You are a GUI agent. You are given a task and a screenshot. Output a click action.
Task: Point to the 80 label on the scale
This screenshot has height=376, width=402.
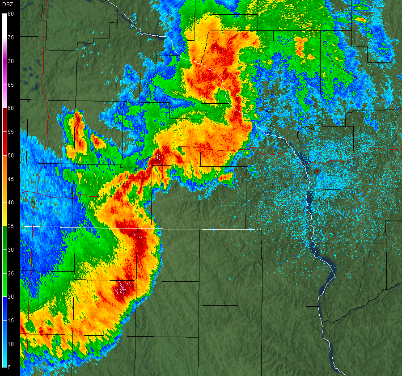pyautogui.click(x=11, y=14)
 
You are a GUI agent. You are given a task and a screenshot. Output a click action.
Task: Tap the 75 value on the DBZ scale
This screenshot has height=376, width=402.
pyautogui.click(x=11, y=38)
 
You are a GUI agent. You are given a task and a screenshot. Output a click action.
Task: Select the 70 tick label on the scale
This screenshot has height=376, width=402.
pyautogui.click(x=11, y=61)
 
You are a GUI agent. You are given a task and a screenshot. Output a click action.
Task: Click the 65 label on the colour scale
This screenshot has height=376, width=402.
pyautogui.click(x=11, y=85)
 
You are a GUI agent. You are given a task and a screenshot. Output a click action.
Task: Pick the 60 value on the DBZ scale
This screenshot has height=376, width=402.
pyautogui.click(x=11, y=108)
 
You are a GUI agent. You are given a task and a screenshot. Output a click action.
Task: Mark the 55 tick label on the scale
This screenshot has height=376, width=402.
pyautogui.click(x=11, y=132)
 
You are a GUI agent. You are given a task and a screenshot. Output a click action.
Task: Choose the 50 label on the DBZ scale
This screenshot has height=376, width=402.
pyautogui.click(x=11, y=156)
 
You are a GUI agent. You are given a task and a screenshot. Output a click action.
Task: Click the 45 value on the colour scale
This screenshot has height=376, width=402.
pyautogui.click(x=11, y=179)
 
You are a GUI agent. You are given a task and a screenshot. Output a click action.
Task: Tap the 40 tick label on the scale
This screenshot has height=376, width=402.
pyautogui.click(x=11, y=203)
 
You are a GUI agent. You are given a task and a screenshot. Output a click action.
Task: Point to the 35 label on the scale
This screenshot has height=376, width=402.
pyautogui.click(x=11, y=226)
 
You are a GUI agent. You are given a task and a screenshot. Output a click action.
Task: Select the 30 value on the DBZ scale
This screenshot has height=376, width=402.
pyautogui.click(x=11, y=250)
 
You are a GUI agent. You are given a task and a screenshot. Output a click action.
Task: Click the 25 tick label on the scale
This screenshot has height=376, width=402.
pyautogui.click(x=11, y=273)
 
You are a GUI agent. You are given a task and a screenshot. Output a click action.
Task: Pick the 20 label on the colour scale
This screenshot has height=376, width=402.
pyautogui.click(x=11, y=297)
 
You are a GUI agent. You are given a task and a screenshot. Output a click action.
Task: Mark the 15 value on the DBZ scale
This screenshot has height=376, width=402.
pyautogui.click(x=11, y=321)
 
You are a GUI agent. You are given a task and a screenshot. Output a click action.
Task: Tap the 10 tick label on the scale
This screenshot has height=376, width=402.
pyautogui.click(x=11, y=344)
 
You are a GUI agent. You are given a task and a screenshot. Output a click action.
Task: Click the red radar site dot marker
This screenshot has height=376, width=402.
pyautogui.click(x=317, y=171)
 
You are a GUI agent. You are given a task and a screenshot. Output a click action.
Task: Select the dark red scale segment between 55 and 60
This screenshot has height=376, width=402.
pyautogui.click(x=4, y=120)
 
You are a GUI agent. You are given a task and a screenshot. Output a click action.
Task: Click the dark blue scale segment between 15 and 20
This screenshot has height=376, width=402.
pyautogui.click(x=4, y=308)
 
